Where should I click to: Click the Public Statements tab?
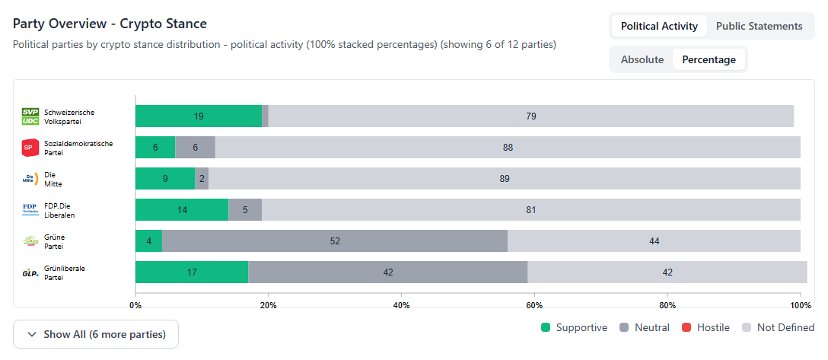759,26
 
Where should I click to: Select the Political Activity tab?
659,26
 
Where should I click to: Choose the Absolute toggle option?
642,59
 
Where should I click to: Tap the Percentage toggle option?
709,59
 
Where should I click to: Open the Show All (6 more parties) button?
96,334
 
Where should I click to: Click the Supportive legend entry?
575,327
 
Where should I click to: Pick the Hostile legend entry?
705,327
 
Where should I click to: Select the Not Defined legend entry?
778,327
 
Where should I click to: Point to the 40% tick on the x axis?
401,305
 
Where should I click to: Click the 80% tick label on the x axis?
667,305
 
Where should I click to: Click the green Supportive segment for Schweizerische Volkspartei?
199,116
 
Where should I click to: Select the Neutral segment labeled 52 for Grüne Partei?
335,241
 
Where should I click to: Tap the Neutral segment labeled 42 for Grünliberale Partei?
388,272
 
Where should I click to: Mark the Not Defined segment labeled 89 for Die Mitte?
504,179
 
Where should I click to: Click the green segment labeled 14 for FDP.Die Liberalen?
182,210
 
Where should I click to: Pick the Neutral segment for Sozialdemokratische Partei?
195,148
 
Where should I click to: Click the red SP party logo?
30,148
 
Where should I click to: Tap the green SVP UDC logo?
30,116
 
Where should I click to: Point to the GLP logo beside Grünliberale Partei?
30,272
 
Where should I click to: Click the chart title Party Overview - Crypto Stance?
110,24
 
